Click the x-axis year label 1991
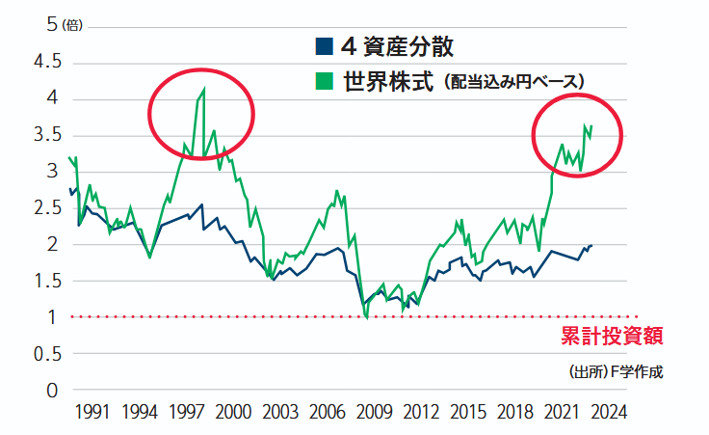pos(91,412)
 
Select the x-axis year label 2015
pos(467,412)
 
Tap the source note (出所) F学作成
pos(617,372)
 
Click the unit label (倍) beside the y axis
pos(72,27)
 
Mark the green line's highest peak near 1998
pos(204,90)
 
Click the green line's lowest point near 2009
pos(367,318)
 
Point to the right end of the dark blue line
pos(591,245)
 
